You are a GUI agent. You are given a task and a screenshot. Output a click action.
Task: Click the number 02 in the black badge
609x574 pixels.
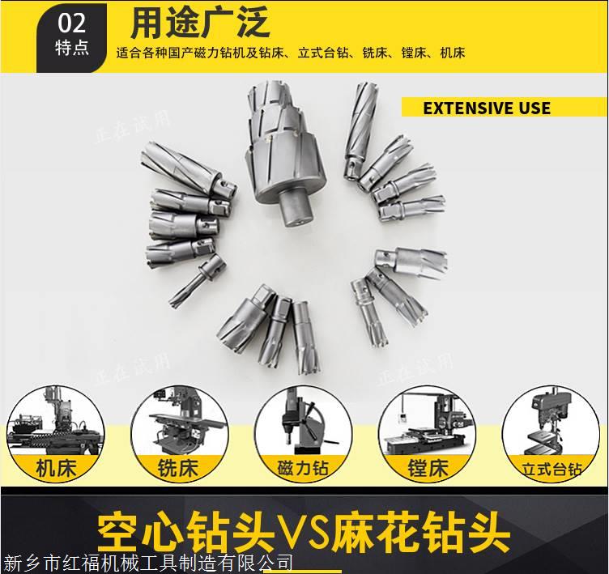(71, 23)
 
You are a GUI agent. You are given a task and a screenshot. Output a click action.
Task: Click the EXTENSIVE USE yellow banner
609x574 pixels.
(505, 108)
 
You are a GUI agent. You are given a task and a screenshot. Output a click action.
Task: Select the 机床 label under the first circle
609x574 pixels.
(57, 468)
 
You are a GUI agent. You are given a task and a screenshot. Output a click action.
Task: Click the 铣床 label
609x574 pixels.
(178, 468)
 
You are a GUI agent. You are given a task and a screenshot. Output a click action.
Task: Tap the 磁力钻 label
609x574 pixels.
(303, 468)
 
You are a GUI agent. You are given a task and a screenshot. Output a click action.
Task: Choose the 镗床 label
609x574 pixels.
(428, 468)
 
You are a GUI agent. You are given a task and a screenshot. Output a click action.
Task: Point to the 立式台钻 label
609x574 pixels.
(552, 469)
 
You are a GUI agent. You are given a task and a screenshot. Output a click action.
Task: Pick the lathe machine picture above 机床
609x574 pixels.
(56, 421)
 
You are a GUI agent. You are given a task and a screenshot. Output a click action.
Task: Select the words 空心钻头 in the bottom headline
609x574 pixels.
(185, 531)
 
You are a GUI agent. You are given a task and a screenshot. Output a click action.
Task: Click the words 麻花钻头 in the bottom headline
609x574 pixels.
(422, 531)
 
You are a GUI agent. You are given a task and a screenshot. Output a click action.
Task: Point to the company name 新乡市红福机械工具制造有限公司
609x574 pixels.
(148, 564)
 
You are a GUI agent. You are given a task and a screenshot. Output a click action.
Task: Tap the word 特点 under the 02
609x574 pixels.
(72, 48)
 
